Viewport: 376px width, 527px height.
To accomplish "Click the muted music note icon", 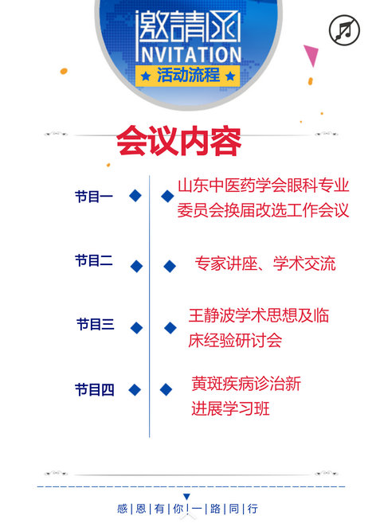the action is click(x=344, y=30).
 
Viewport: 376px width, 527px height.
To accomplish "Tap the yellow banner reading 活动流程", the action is click(x=188, y=76).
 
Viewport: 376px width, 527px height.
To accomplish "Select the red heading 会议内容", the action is click(x=178, y=141).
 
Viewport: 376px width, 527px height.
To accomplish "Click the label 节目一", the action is click(x=94, y=197).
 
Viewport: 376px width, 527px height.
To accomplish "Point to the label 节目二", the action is click(x=94, y=261).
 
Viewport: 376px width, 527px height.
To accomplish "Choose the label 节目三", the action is click(x=96, y=325).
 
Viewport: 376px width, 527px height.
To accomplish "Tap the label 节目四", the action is click(x=95, y=390).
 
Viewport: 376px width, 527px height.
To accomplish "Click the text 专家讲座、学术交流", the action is click(x=265, y=263).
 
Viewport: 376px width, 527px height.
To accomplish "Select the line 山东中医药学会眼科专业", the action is click(x=264, y=185).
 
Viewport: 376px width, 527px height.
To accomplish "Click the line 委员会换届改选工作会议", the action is click(x=264, y=210).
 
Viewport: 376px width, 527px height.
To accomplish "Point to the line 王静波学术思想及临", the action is click(x=259, y=315).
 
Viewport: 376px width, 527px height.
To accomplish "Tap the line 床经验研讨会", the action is click(x=235, y=340).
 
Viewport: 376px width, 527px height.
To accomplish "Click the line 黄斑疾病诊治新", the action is click(x=246, y=384).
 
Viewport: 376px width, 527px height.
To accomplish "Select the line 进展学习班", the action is click(x=230, y=408).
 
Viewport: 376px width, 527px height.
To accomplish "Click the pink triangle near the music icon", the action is click(x=311, y=54).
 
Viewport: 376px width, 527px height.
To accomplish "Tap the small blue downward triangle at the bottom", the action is click(x=186, y=497).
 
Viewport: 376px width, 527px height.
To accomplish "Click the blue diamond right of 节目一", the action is click(x=135, y=196).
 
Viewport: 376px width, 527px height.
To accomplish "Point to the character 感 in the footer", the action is click(x=122, y=509).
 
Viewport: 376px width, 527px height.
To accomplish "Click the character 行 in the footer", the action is click(x=253, y=509).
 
